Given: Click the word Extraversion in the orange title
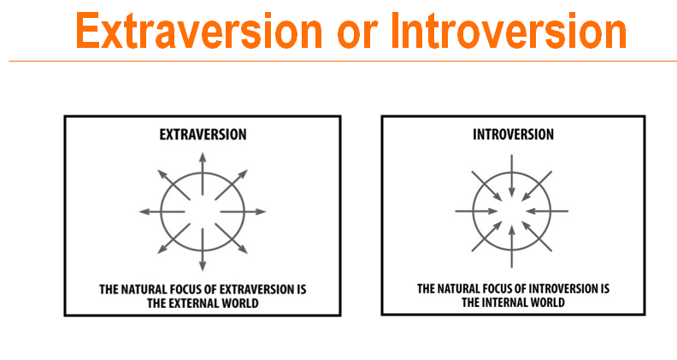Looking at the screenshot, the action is (x=199, y=31).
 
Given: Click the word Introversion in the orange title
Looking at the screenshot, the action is (x=509, y=31).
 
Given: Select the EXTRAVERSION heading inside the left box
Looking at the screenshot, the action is (x=203, y=134).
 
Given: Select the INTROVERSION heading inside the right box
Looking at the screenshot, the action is (x=514, y=134).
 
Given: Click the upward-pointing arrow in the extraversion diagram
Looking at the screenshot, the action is (x=203, y=174).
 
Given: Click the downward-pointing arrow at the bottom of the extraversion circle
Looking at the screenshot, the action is (x=203, y=250).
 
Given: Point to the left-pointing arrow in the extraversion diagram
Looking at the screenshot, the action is (x=162, y=212).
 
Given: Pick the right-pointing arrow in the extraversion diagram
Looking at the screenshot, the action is (x=243, y=212).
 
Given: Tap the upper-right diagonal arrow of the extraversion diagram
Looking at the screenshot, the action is (x=232, y=185).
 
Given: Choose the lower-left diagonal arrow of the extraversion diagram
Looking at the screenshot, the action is (x=174, y=238).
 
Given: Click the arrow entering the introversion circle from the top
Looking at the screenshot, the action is (x=512, y=176).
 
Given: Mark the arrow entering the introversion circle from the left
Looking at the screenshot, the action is (x=477, y=211).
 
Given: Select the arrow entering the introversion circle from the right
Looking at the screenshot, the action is (x=547, y=211).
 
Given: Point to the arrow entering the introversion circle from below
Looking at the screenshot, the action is (x=512, y=246).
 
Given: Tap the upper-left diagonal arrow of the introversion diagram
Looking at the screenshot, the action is (x=486, y=186).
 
